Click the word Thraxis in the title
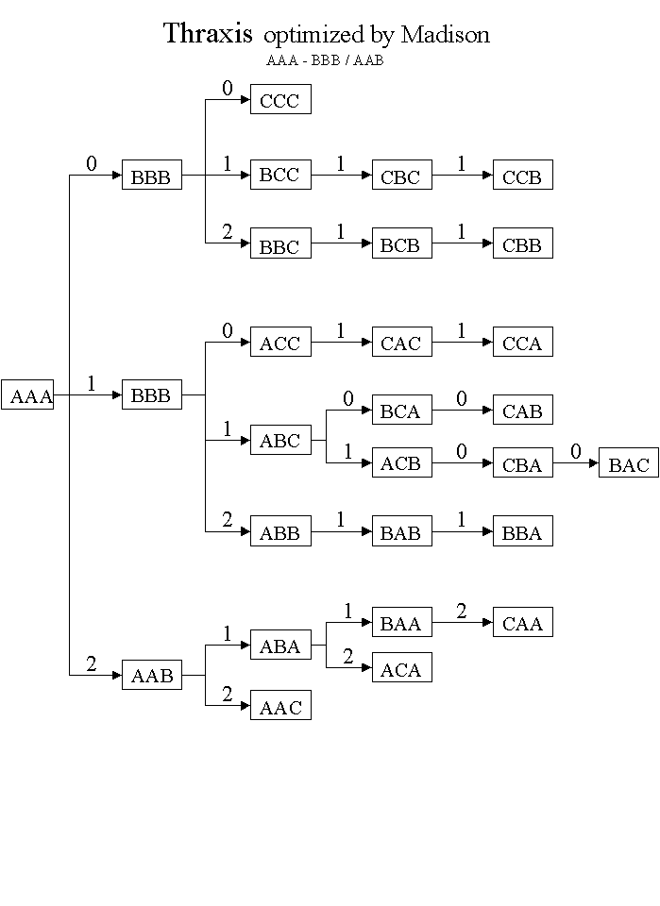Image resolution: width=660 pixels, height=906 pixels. (x=208, y=34)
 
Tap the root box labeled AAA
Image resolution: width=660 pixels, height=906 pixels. (x=28, y=395)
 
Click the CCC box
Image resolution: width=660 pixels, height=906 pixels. (x=280, y=100)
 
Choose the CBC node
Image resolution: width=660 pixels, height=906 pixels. (x=401, y=176)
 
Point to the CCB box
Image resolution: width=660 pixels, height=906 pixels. (x=522, y=176)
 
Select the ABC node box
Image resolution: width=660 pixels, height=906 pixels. (x=280, y=440)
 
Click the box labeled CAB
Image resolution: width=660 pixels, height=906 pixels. (x=522, y=411)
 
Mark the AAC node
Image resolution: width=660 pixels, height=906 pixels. (x=280, y=706)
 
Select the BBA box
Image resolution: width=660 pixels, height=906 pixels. (x=522, y=532)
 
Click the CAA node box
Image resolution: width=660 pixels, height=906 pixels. (x=522, y=623)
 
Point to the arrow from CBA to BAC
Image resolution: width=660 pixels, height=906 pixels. (x=575, y=463)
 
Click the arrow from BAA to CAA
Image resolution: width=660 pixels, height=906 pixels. (x=462, y=623)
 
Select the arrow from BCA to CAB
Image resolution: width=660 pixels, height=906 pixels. (x=462, y=411)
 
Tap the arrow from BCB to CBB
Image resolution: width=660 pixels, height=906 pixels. (x=462, y=243)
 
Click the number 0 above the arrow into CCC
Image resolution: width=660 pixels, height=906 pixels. (x=228, y=89)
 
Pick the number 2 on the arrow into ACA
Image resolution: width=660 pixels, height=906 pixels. (x=348, y=657)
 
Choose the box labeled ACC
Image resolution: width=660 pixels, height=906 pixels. (x=280, y=343)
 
